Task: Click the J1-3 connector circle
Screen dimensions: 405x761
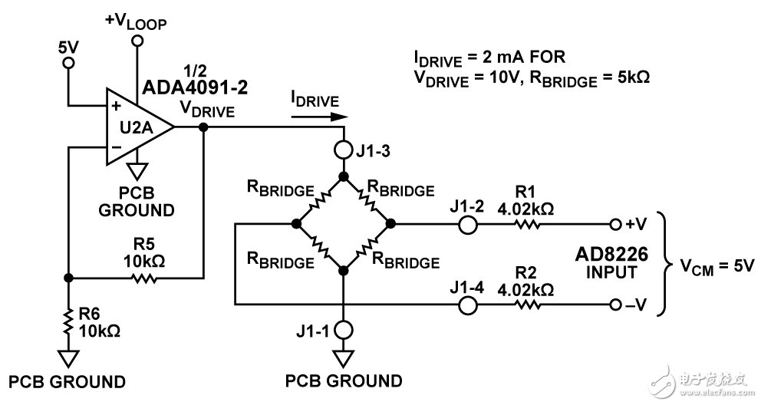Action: (344, 150)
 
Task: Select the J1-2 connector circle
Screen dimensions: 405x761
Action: (467, 224)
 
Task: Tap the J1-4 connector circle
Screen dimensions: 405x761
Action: (467, 304)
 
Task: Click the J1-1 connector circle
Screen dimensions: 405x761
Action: (344, 330)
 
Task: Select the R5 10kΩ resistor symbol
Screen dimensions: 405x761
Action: (143, 278)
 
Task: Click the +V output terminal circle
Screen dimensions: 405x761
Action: (614, 224)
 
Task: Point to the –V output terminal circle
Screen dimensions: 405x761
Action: (614, 304)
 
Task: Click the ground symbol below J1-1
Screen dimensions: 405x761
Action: (344, 357)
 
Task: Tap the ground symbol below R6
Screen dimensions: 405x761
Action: (68, 357)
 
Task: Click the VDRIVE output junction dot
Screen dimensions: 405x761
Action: (203, 127)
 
